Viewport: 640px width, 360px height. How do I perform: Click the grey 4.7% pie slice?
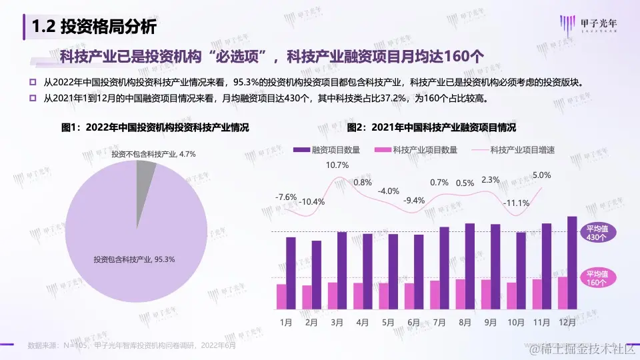point(145,171)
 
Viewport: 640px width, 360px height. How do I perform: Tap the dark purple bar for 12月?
point(572,263)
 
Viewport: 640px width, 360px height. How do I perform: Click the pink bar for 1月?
point(281,297)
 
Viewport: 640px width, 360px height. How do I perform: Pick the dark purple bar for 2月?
point(316,275)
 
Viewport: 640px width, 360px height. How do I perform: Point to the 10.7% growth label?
point(337,165)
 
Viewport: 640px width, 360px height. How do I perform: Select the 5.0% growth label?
point(542,175)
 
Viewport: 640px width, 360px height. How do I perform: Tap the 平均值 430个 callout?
point(597,232)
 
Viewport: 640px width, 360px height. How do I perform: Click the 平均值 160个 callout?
point(597,278)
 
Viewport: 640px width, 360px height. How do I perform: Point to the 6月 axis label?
point(413,322)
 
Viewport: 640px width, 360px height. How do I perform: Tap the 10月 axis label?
point(517,322)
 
